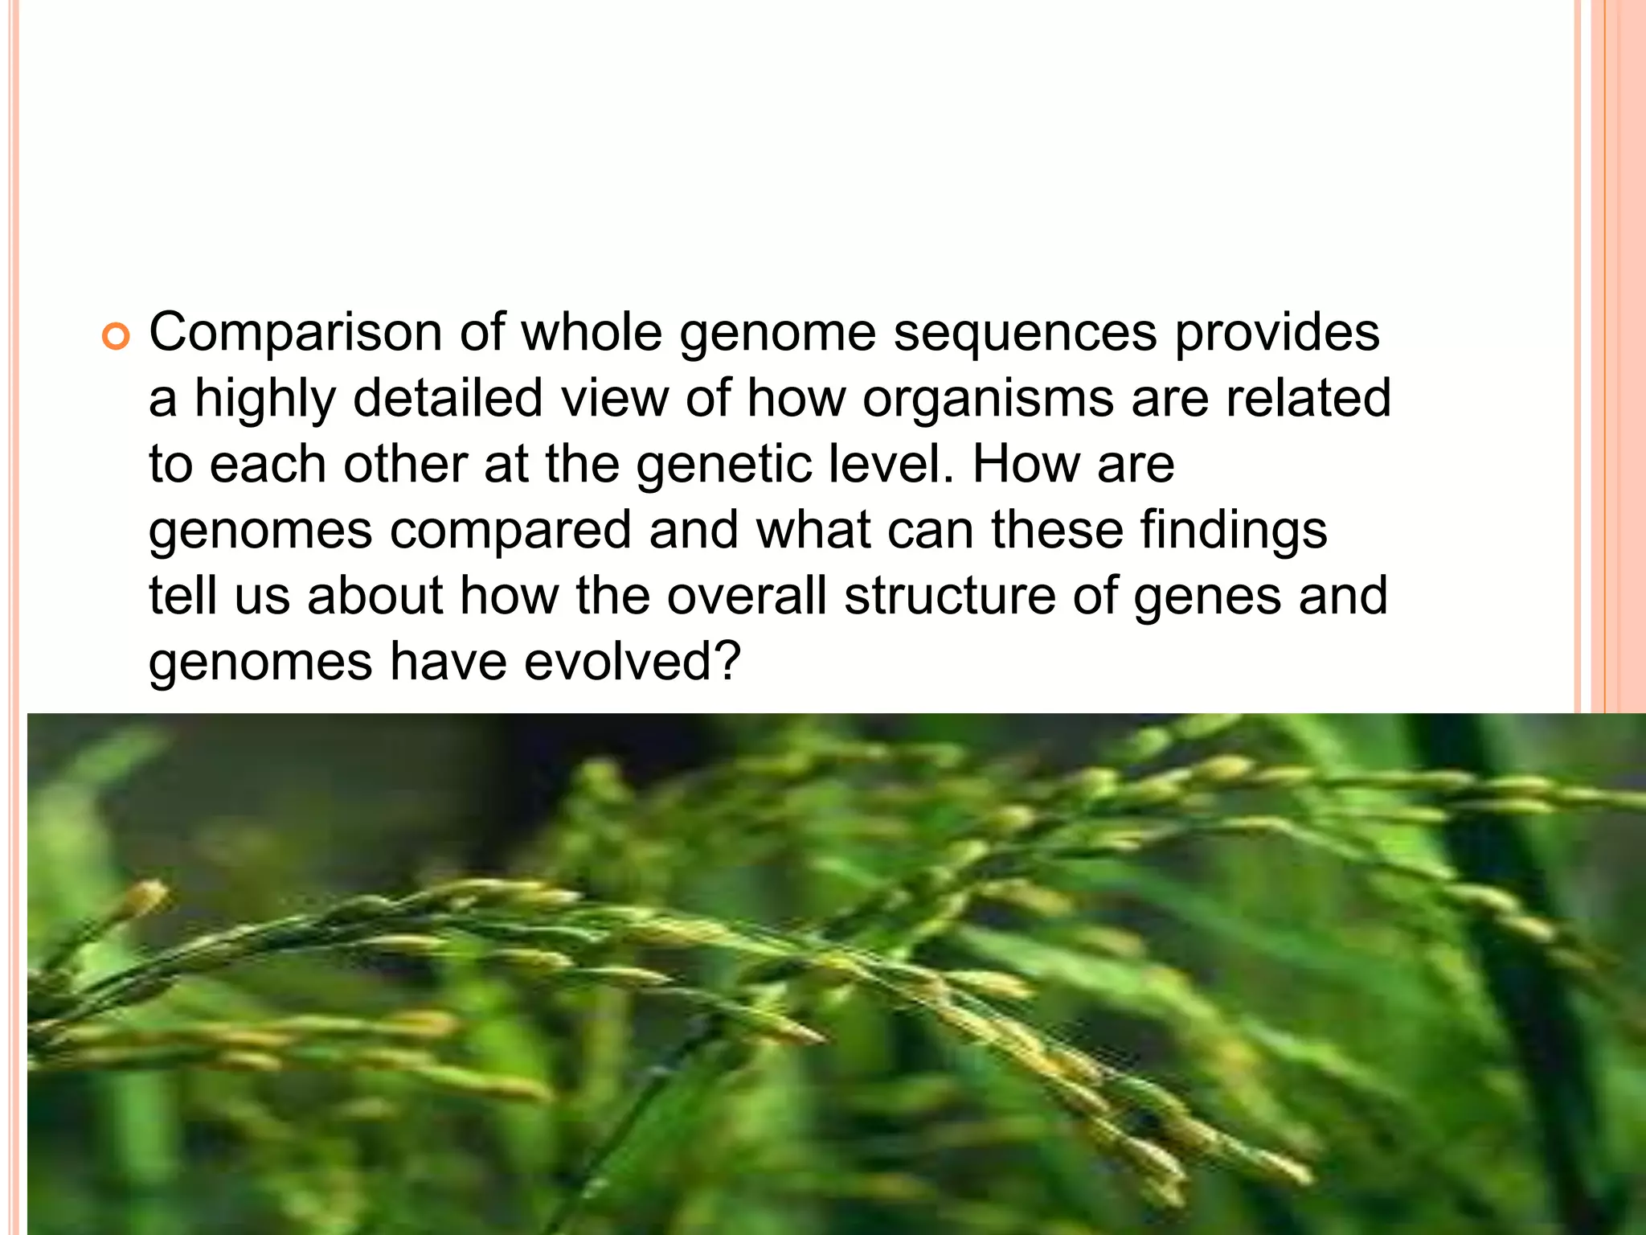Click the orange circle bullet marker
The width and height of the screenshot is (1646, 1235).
click(x=116, y=338)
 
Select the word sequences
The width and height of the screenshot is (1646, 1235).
click(x=1025, y=334)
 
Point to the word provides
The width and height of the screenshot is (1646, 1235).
click(x=1277, y=334)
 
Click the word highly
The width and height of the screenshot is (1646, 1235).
click(x=264, y=400)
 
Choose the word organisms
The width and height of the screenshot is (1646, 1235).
click(x=988, y=400)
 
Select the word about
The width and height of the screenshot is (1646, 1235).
click(x=375, y=597)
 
